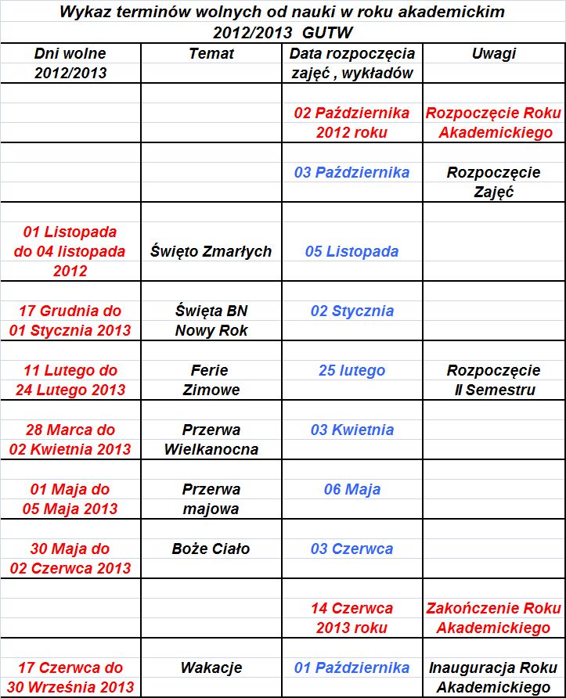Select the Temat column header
click(211, 54)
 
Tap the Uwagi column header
click(494, 54)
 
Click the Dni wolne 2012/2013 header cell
click(70, 63)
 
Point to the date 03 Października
click(351, 173)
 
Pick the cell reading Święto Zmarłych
click(211, 251)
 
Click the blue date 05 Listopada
click(351, 251)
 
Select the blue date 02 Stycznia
click(351, 311)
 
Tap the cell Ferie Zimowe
click(211, 380)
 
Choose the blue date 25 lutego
click(351, 370)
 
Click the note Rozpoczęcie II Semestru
click(494, 380)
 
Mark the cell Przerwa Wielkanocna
click(211, 439)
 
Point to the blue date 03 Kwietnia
click(351, 430)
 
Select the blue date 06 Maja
click(351, 489)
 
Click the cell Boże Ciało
click(211, 549)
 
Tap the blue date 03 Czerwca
click(351, 549)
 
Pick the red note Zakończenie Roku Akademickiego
click(494, 617)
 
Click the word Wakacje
click(211, 667)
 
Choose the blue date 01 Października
click(351, 667)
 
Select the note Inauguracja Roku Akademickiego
click(494, 677)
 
